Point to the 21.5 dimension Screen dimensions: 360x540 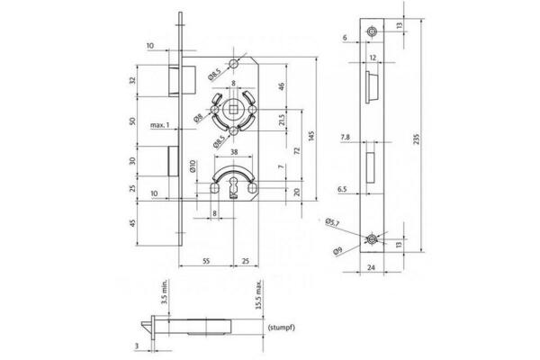[282, 121]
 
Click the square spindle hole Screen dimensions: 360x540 [234, 113]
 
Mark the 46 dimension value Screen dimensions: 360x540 [282, 87]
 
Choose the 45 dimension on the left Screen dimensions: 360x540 [134, 225]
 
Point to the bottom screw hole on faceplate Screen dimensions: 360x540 [372, 239]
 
